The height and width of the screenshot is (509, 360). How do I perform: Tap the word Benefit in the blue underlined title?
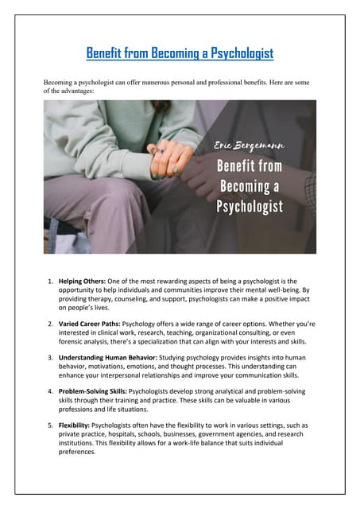pos(106,53)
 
